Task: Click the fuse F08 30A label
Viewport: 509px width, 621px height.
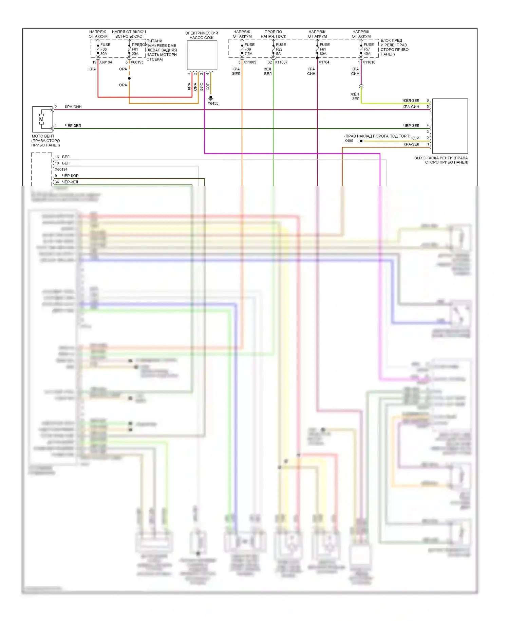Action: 105,49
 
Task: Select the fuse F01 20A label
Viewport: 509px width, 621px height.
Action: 135,49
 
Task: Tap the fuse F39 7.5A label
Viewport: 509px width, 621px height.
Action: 249,49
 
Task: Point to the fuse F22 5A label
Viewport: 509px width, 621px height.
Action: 280,49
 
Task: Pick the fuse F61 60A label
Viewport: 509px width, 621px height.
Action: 324,49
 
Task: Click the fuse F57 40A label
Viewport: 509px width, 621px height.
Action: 368,49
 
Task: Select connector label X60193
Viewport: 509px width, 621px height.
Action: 137,62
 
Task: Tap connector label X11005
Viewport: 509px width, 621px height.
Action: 250,62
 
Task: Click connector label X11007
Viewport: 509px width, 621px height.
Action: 281,62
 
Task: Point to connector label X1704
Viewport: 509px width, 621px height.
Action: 324,62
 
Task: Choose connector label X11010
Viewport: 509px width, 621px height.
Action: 369,62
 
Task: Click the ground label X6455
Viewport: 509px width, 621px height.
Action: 213,103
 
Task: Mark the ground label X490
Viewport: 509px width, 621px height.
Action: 348,141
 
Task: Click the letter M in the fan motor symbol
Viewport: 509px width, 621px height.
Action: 41,119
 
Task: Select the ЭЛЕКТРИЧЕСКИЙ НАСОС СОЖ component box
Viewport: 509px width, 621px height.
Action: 202,55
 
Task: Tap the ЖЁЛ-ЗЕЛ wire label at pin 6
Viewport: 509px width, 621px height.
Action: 411,101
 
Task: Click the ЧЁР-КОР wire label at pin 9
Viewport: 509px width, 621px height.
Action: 70,176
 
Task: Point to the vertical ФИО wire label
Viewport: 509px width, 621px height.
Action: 202,87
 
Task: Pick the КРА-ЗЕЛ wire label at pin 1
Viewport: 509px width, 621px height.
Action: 411,144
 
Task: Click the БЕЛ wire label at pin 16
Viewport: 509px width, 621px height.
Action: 66,157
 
